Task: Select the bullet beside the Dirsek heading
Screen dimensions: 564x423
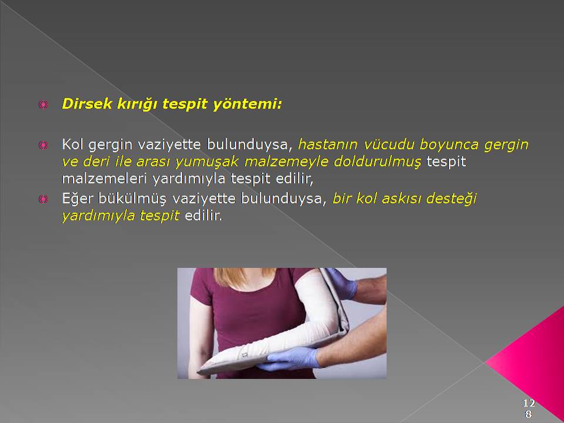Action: coord(43,105)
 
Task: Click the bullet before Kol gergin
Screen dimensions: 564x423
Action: coord(43,145)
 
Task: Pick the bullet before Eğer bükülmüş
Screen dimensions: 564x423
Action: coord(43,199)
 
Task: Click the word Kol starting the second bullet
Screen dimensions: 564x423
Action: coord(72,145)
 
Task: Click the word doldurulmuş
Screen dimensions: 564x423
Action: coord(377,162)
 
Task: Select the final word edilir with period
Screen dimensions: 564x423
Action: coord(204,216)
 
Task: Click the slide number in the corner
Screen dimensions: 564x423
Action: coord(528,408)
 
